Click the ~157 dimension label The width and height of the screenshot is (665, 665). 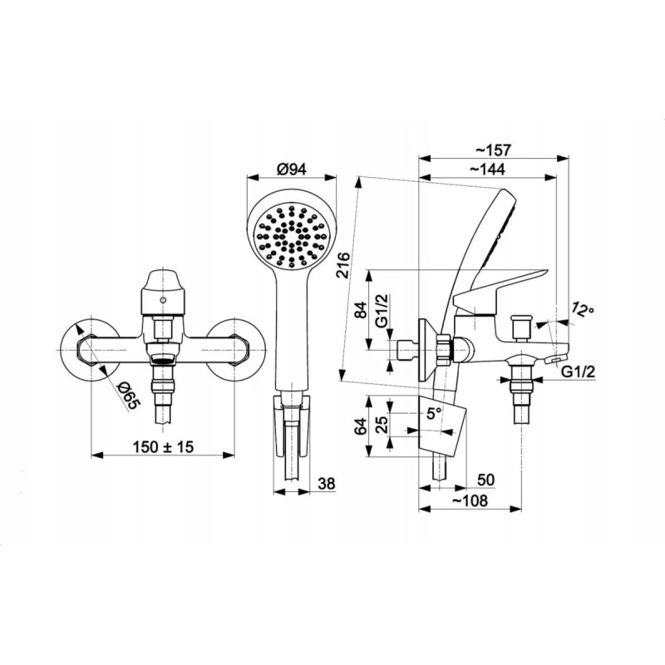(493, 150)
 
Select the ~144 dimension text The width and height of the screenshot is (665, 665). (488, 170)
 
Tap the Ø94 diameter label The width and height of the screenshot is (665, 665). (292, 170)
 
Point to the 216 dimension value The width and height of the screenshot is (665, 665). (343, 265)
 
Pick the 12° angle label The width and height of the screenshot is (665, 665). (582, 310)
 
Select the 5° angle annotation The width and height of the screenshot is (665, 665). (434, 412)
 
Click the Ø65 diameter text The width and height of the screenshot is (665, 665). (127, 396)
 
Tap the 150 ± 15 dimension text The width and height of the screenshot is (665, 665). (163, 446)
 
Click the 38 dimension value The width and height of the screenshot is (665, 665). (326, 484)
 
